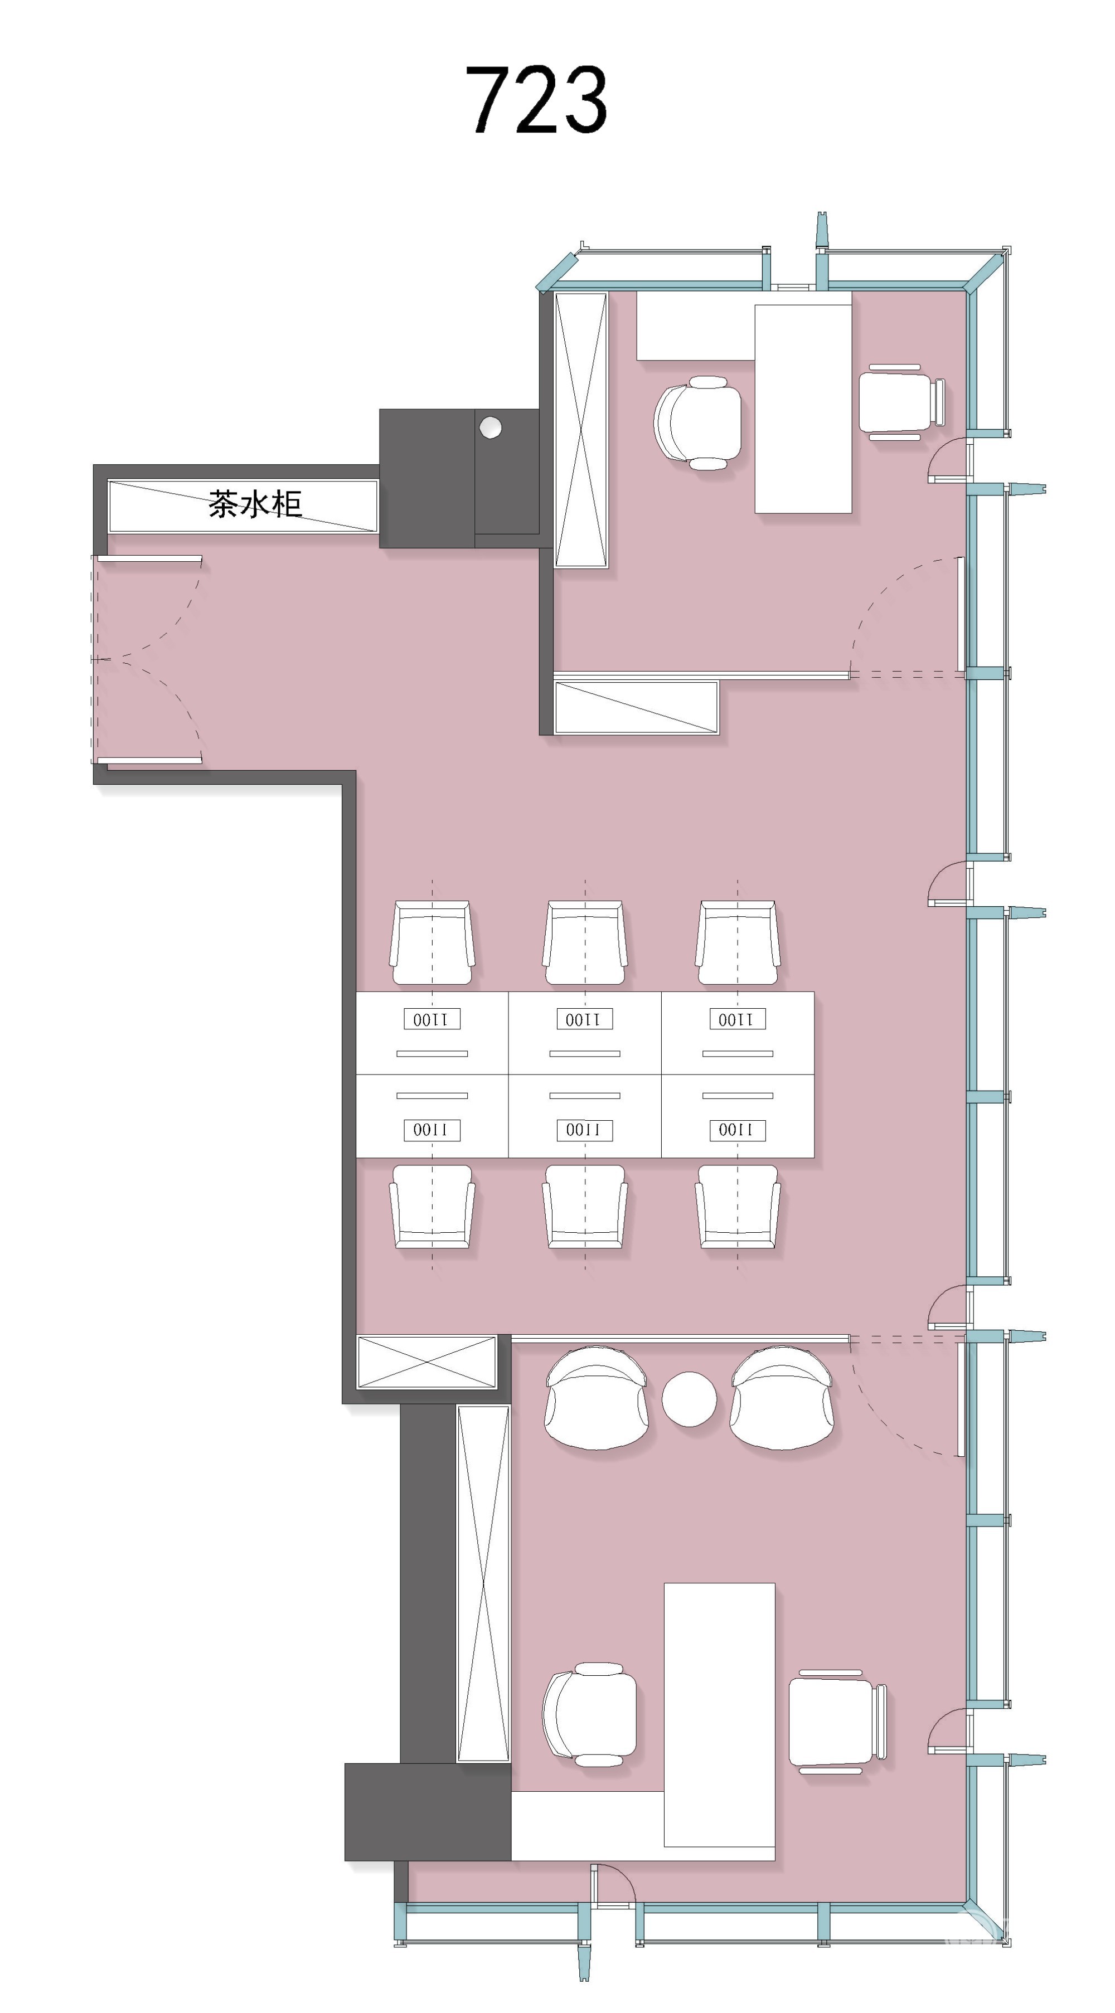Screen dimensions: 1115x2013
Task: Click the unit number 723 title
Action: [x=536, y=99]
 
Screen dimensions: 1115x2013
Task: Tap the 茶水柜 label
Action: [x=255, y=504]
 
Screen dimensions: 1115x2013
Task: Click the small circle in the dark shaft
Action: [x=490, y=427]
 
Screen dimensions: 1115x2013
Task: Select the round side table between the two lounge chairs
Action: [x=689, y=1399]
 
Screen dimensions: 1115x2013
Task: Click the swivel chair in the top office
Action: [x=697, y=423]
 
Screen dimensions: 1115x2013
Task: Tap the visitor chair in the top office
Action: [x=901, y=402]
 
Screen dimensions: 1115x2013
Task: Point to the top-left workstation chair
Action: [x=432, y=942]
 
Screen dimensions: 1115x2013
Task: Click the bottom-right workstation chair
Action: [x=738, y=1207]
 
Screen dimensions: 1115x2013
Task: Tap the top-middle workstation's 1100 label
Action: [x=584, y=1019]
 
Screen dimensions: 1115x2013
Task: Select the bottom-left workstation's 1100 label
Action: [x=432, y=1130]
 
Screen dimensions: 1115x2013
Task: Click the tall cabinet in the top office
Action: [x=581, y=430]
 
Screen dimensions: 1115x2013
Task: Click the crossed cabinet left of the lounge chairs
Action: [x=427, y=1362]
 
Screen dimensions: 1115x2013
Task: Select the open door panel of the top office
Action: [x=961, y=614]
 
